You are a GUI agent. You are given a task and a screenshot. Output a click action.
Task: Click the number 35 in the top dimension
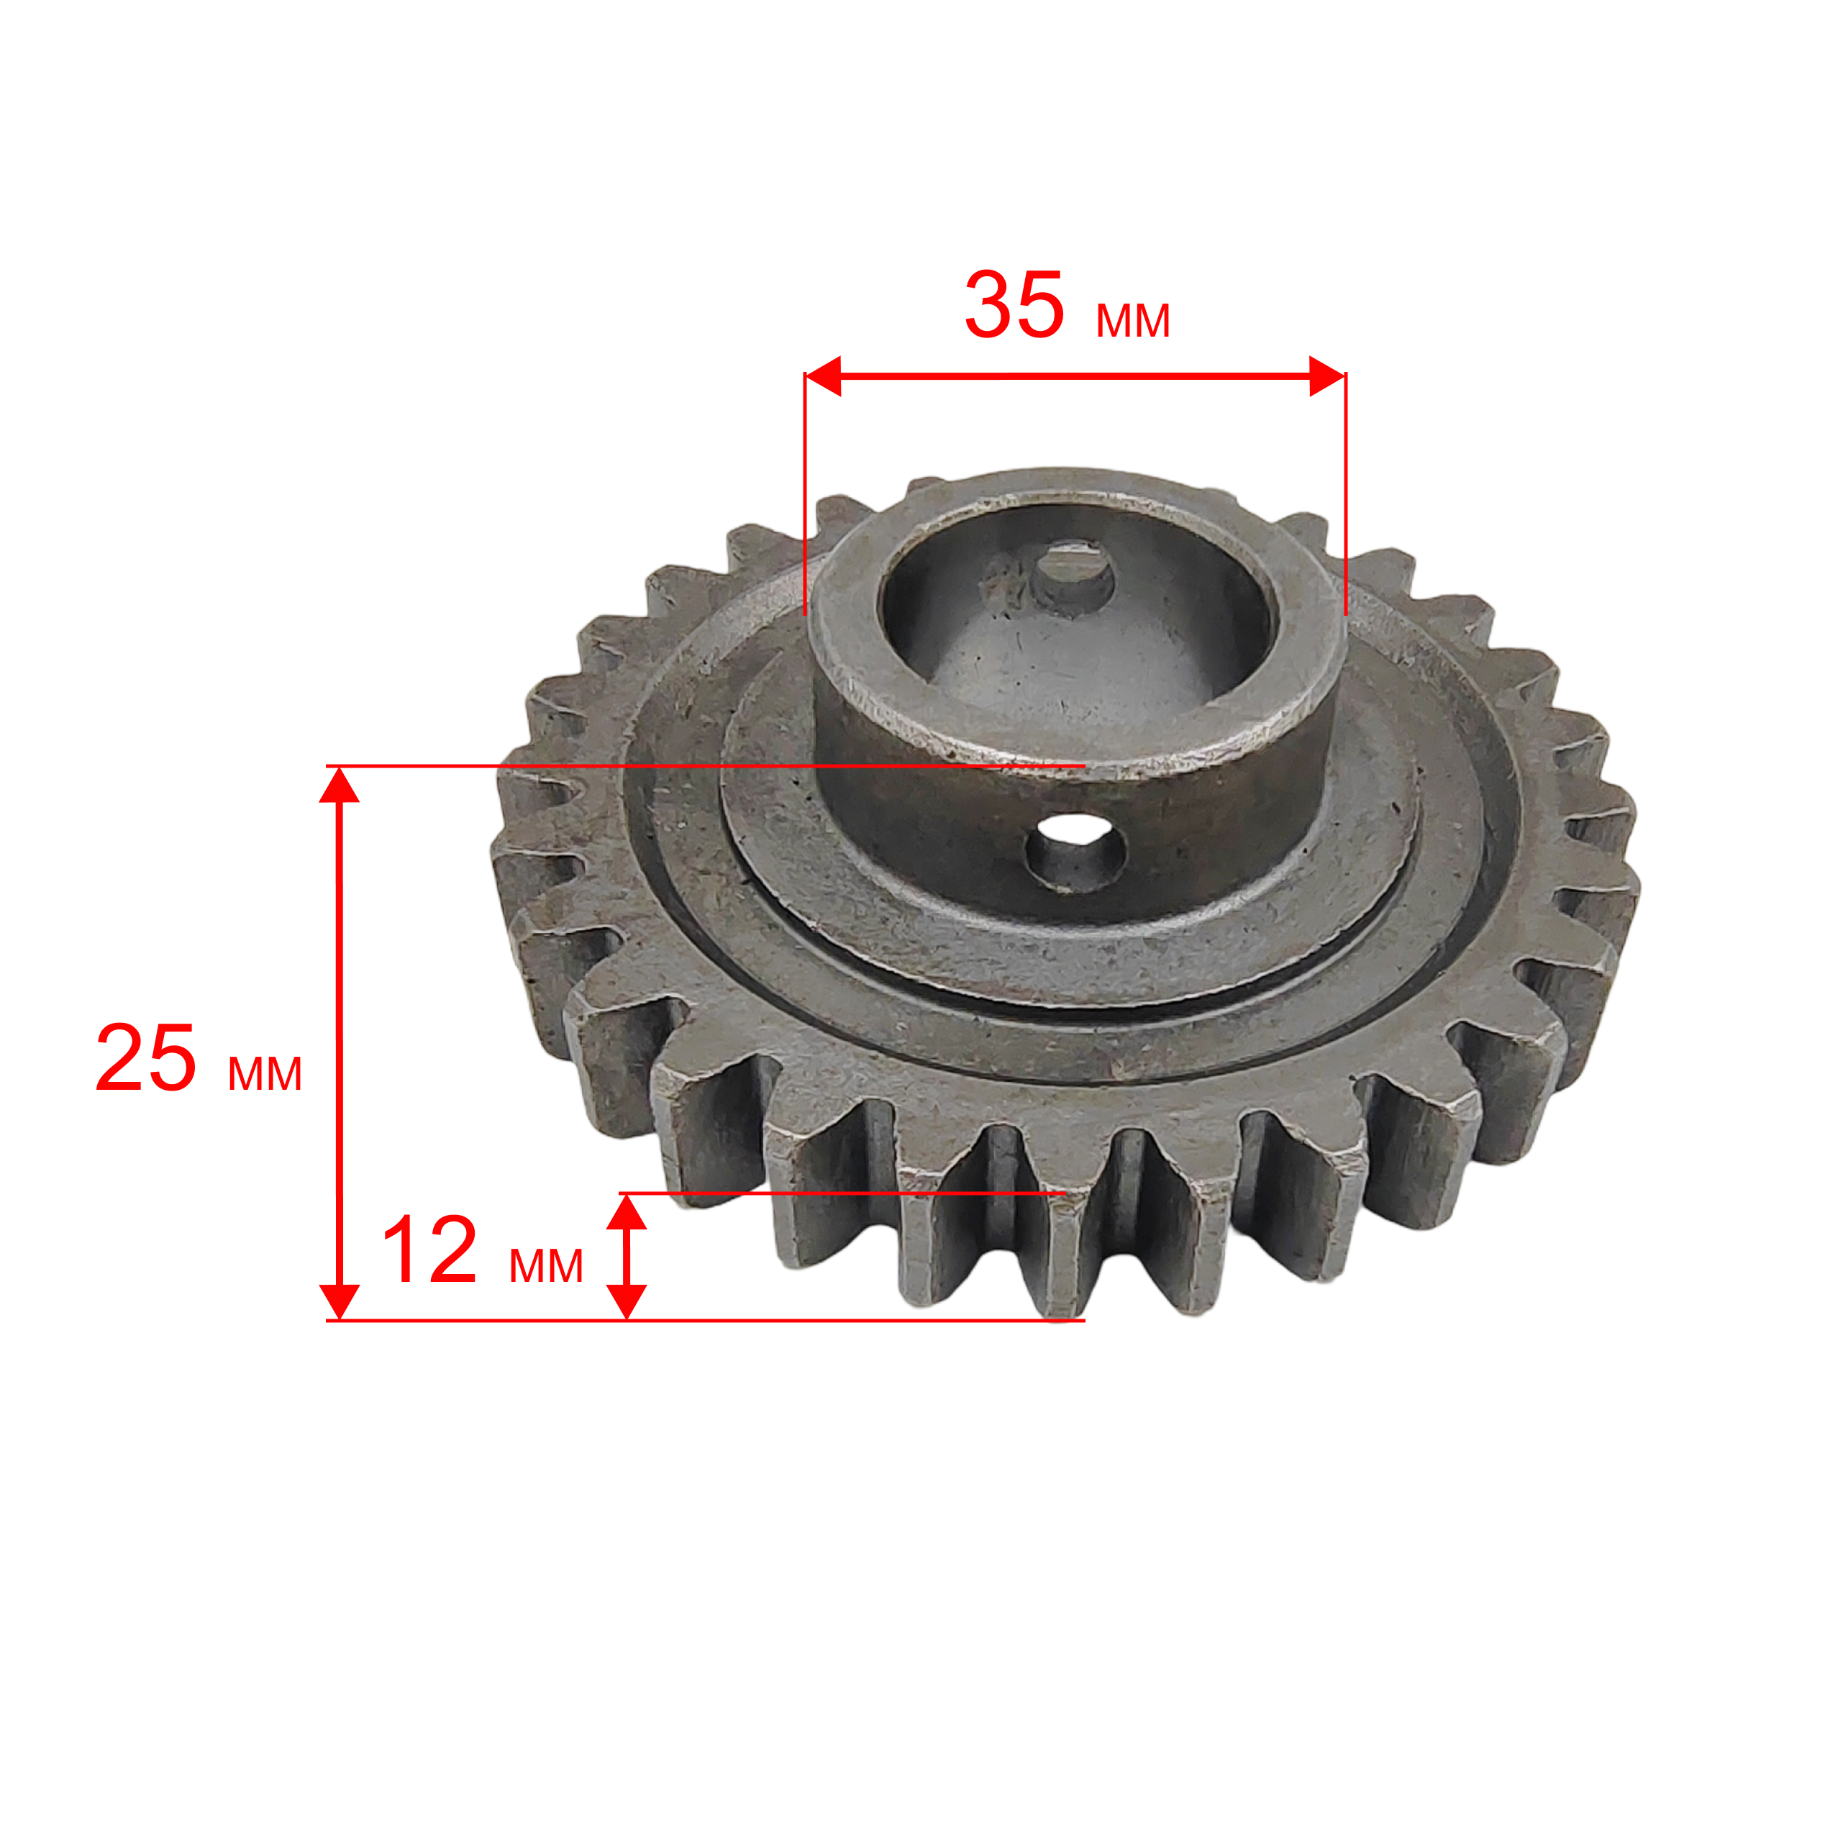click(1014, 304)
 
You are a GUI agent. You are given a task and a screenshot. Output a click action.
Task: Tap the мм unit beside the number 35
click(1132, 321)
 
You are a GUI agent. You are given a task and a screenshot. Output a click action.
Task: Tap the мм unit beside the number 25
click(265, 1075)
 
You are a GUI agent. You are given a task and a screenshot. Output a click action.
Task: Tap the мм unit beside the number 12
click(546, 1266)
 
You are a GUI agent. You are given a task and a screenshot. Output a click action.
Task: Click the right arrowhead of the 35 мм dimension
click(1327, 377)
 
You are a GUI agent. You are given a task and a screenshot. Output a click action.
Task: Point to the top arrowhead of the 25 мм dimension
click(339, 785)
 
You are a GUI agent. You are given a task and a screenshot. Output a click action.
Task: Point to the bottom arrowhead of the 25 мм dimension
click(339, 1301)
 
